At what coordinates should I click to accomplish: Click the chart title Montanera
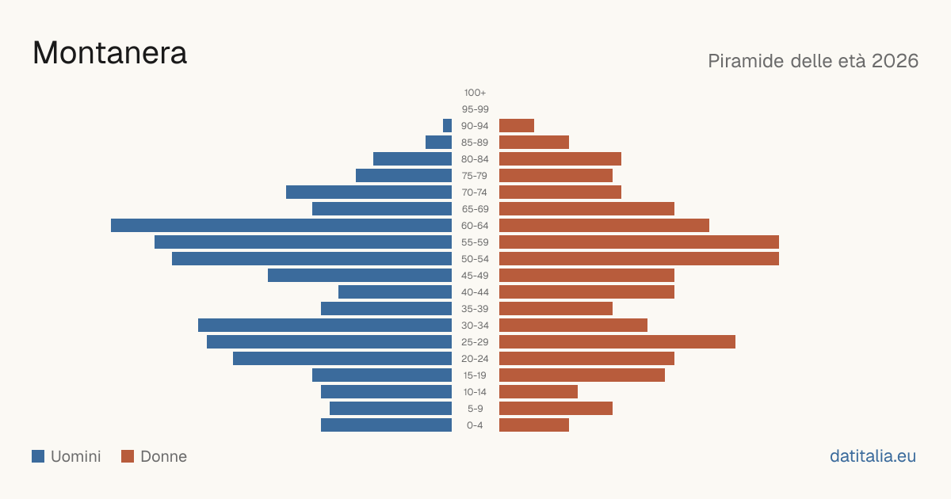coord(109,53)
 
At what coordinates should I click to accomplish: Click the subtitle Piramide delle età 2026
coord(813,61)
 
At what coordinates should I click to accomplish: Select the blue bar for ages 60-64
coord(281,225)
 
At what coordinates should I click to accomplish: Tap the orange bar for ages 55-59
coord(639,242)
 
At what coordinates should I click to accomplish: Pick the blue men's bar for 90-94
coord(447,126)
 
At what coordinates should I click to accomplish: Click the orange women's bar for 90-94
coord(517,126)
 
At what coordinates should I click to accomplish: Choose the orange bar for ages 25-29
coord(617,341)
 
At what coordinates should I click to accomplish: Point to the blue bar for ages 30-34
coord(325,325)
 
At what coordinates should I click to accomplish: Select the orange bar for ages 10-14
coord(538,391)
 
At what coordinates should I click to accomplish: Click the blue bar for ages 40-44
coord(395,292)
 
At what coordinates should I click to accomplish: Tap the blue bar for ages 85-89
coord(438,142)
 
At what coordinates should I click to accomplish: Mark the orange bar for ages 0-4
coord(534,425)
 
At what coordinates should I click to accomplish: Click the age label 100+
coord(475,93)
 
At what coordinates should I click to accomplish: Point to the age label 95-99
coord(475,109)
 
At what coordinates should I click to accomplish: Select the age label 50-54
coord(475,259)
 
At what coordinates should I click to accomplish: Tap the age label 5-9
coord(475,408)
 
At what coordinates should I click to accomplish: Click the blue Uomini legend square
coord(38,456)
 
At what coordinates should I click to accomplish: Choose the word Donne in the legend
coord(163,456)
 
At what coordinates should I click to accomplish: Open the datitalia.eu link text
coord(873,456)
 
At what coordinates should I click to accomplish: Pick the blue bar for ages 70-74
coord(369,192)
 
